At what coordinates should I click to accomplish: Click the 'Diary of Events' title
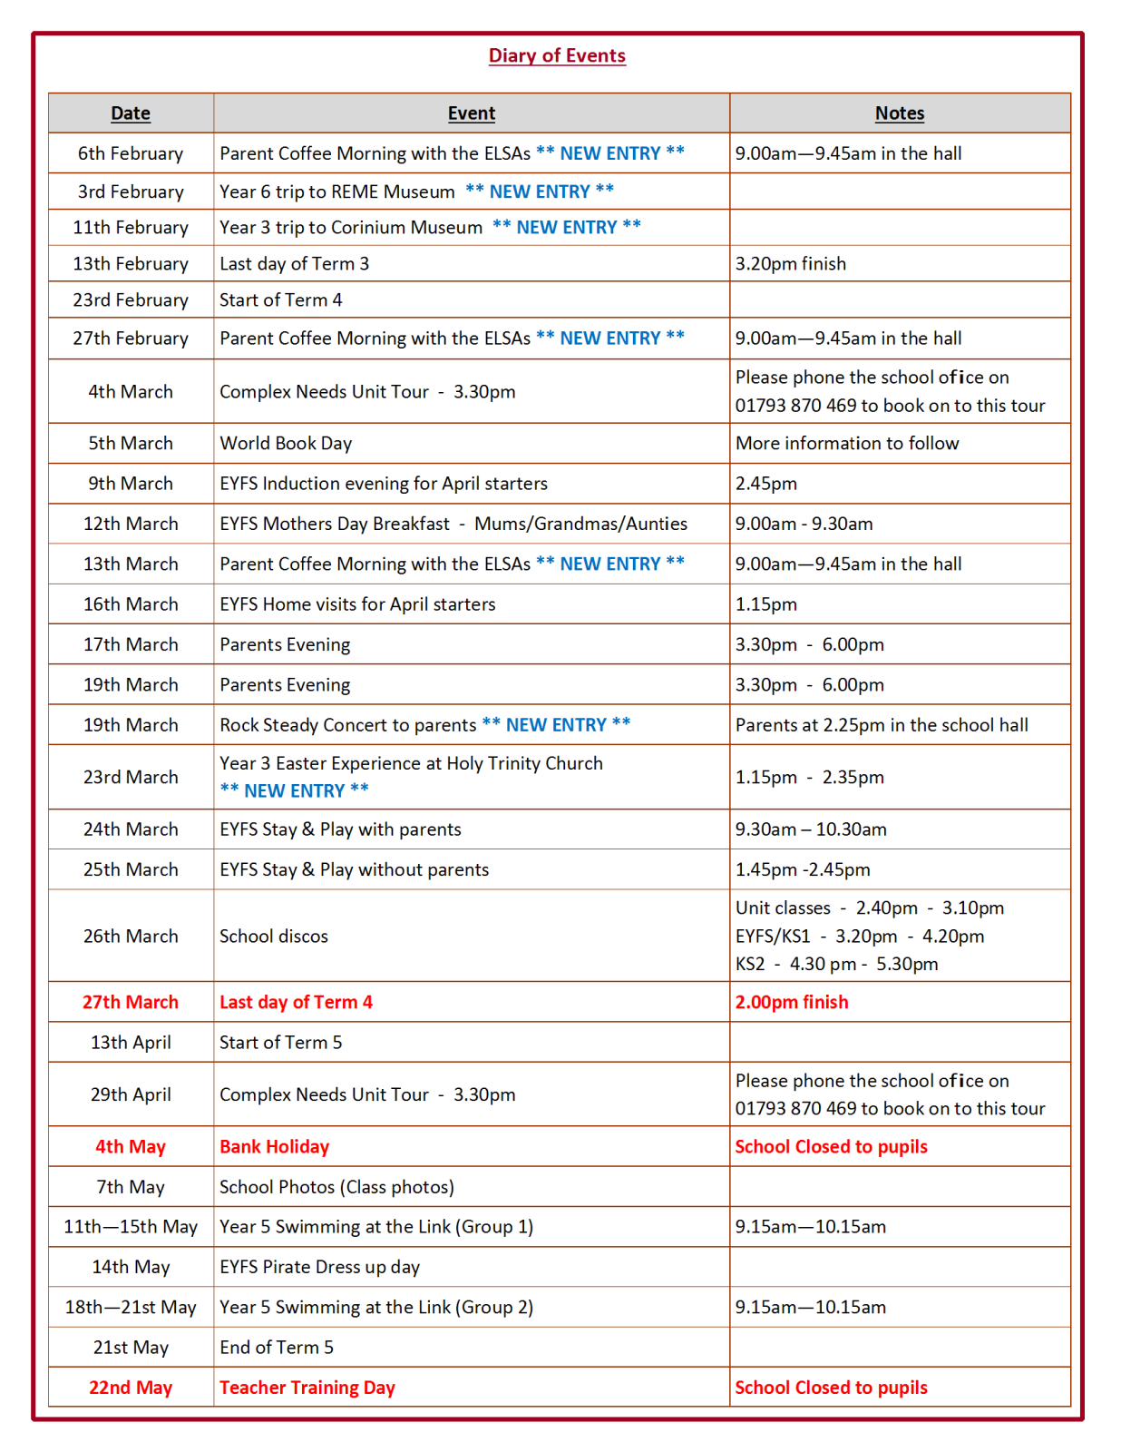coord(557,55)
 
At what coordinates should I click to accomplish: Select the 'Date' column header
coord(131,113)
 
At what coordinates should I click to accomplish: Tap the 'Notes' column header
coord(899,113)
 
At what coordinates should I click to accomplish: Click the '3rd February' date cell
coord(131,191)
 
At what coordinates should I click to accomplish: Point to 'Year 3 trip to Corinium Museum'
coord(351,227)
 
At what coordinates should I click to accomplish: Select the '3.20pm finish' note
coord(790,263)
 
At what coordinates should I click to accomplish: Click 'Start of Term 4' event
coord(281,299)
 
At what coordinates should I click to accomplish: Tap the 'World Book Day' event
coord(286,443)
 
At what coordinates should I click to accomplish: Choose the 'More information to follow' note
coord(846,443)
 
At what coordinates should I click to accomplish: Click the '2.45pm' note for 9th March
coord(765,483)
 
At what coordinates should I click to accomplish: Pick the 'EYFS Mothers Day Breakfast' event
coord(335,524)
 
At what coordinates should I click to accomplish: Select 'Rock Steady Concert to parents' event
coord(347,725)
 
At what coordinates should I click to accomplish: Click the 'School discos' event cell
coord(274,936)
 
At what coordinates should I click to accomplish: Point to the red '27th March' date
coord(131,1002)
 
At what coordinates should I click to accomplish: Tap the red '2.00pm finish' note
coord(791,1002)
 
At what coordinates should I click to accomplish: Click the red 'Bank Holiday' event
coord(274,1146)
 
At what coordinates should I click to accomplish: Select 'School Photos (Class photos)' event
coord(336,1187)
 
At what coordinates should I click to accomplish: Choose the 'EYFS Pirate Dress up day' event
coord(319,1267)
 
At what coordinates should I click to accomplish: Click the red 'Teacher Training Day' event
coord(307,1388)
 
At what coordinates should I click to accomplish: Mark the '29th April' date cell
coord(131,1094)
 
